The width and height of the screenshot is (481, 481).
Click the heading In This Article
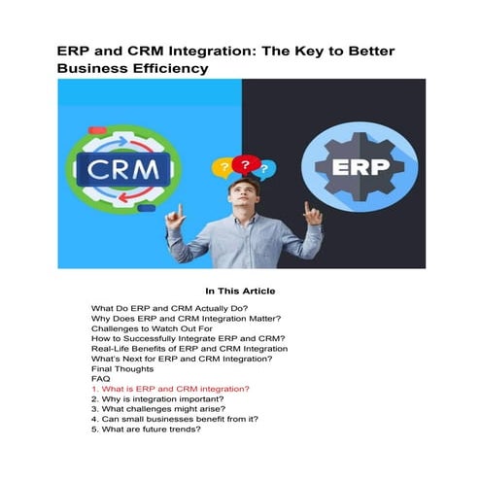(x=240, y=291)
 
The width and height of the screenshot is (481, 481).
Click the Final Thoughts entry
(x=124, y=369)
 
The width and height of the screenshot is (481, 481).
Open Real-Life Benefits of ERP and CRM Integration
(x=188, y=349)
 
